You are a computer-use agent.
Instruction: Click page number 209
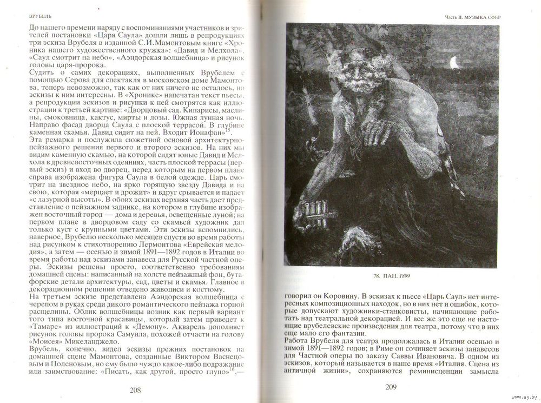point(391,386)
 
